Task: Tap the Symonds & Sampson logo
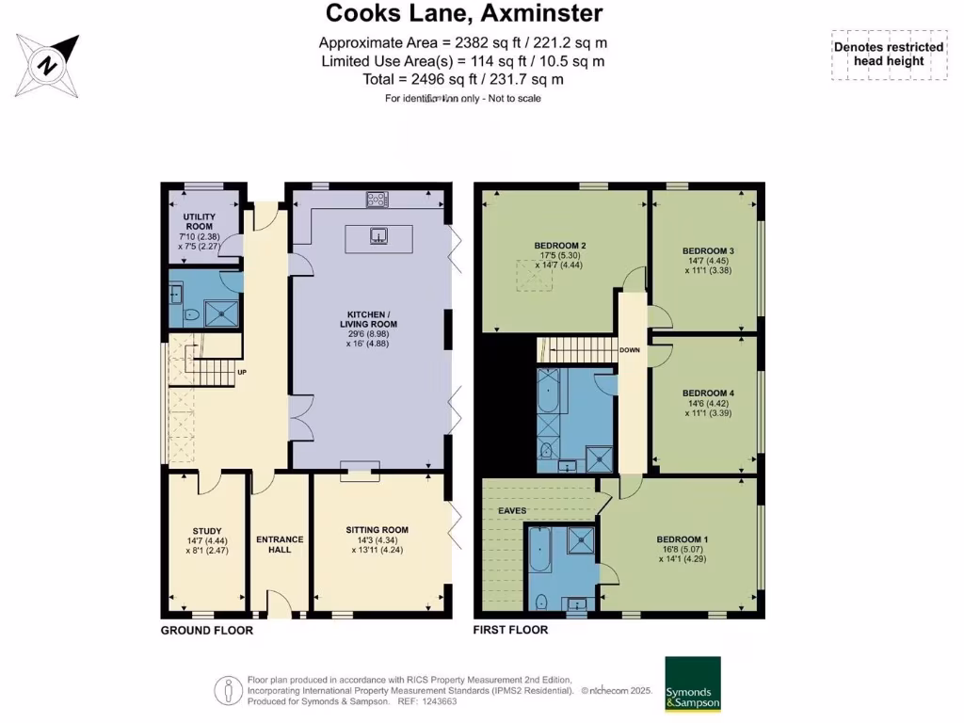point(693,683)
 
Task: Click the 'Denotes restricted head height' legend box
point(888,55)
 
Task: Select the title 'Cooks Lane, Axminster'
point(464,13)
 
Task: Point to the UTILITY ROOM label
point(200,221)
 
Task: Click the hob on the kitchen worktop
point(378,200)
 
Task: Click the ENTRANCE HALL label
point(280,544)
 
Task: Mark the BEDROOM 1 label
point(683,539)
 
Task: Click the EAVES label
point(512,510)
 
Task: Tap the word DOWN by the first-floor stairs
point(630,350)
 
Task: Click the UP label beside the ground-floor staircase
point(242,372)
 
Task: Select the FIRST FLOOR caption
point(510,630)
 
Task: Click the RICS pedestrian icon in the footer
point(226,690)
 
